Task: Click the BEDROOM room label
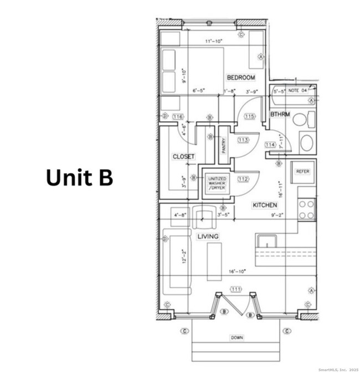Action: [x=240, y=77]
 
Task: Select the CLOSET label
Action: [x=183, y=157]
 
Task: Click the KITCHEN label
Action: [x=265, y=205]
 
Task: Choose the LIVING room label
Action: [x=208, y=236]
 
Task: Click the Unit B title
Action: [x=79, y=177]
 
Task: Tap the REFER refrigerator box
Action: [x=302, y=172]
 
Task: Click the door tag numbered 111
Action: [x=236, y=289]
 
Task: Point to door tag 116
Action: [x=178, y=117]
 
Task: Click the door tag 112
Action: [x=243, y=179]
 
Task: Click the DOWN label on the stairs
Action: [x=236, y=338]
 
